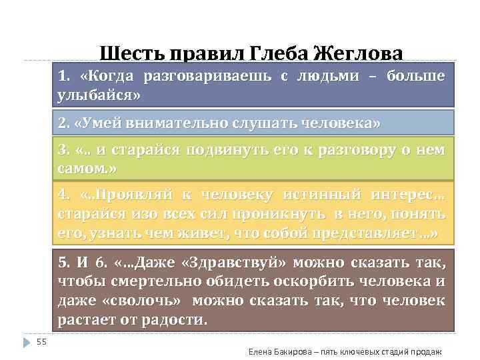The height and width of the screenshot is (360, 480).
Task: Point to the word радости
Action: pyautogui.click(x=173, y=319)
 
